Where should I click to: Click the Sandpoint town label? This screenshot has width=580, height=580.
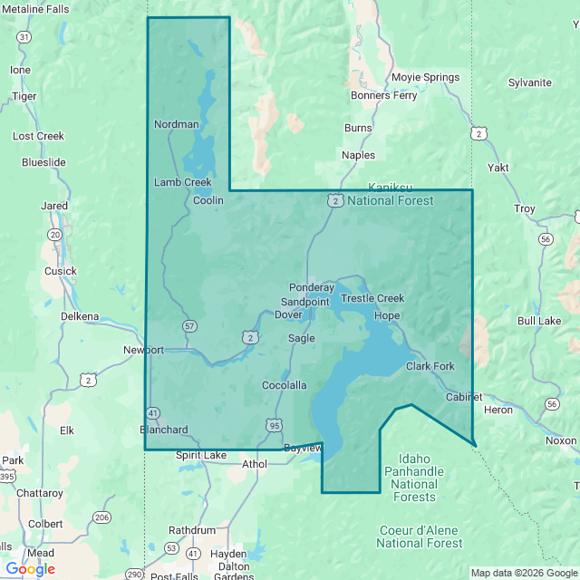tap(305, 301)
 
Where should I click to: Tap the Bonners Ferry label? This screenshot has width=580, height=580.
tap(383, 95)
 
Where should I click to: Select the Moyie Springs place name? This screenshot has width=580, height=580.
tap(425, 77)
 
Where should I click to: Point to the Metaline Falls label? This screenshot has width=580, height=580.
tap(34, 9)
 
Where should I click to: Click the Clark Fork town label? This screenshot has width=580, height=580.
tap(430, 366)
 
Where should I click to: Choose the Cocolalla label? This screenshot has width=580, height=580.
tap(284, 385)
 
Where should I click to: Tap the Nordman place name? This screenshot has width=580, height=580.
tap(176, 124)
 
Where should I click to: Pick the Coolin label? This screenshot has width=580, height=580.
tap(208, 200)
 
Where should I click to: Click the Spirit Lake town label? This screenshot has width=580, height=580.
tap(201, 455)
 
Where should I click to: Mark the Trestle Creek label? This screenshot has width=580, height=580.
tap(372, 298)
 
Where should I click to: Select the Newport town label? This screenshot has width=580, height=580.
tap(144, 350)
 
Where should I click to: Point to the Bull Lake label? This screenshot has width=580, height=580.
tap(539, 321)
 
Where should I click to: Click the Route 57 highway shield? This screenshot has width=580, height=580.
tap(188, 325)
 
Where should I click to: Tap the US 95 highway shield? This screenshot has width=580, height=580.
tap(274, 424)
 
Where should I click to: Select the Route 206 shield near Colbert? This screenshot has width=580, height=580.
tap(101, 517)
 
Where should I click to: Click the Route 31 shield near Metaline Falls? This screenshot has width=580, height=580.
tap(24, 37)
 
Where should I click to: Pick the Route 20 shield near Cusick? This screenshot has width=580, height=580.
tap(54, 235)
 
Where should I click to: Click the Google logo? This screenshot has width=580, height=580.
tap(29, 569)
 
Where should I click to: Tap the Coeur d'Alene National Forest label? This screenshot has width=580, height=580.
tap(419, 536)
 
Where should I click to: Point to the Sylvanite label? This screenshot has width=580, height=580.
tap(529, 82)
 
